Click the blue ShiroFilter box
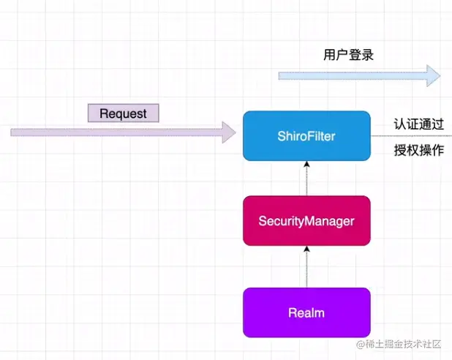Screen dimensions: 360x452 (x=306, y=135)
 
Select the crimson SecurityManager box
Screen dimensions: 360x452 (x=306, y=220)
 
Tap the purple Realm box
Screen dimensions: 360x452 (x=306, y=312)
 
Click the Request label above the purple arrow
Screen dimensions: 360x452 (x=123, y=113)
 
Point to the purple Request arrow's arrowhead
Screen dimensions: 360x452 (x=228, y=132)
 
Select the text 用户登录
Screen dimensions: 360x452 (x=349, y=54)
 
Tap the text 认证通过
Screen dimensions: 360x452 (x=418, y=124)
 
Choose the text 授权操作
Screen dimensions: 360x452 (x=418, y=151)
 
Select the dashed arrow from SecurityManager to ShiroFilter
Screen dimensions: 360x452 (x=306, y=179)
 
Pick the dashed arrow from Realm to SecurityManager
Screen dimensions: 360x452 (x=306, y=268)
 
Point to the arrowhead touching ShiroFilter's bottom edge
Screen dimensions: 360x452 (x=306, y=164)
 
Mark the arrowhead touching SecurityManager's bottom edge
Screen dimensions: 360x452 (x=306, y=250)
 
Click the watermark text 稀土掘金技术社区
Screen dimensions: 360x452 (x=402, y=343)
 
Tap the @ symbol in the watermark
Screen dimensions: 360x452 (x=360, y=343)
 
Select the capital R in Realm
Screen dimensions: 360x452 (x=292, y=312)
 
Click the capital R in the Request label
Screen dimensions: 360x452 (x=103, y=113)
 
